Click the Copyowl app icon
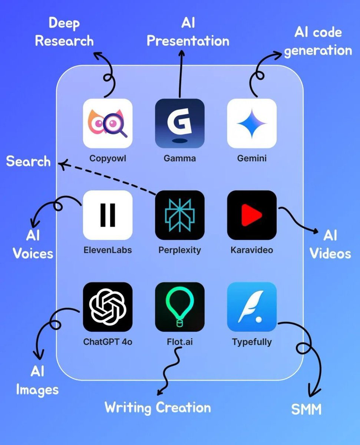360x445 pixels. (x=108, y=123)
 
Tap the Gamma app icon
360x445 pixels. (x=179, y=123)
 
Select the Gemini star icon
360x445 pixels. (x=252, y=123)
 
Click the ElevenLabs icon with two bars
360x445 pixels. (x=108, y=215)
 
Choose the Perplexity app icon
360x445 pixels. (x=179, y=215)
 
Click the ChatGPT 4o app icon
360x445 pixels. (x=108, y=307)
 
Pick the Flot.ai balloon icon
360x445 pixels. (x=179, y=307)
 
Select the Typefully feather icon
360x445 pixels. (x=252, y=307)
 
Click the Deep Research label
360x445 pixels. (x=65, y=32)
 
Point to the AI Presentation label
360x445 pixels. (x=188, y=32)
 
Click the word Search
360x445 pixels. (x=29, y=162)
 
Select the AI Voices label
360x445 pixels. (x=33, y=245)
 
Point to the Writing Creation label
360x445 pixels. (x=158, y=408)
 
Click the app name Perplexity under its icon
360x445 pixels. (x=179, y=250)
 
